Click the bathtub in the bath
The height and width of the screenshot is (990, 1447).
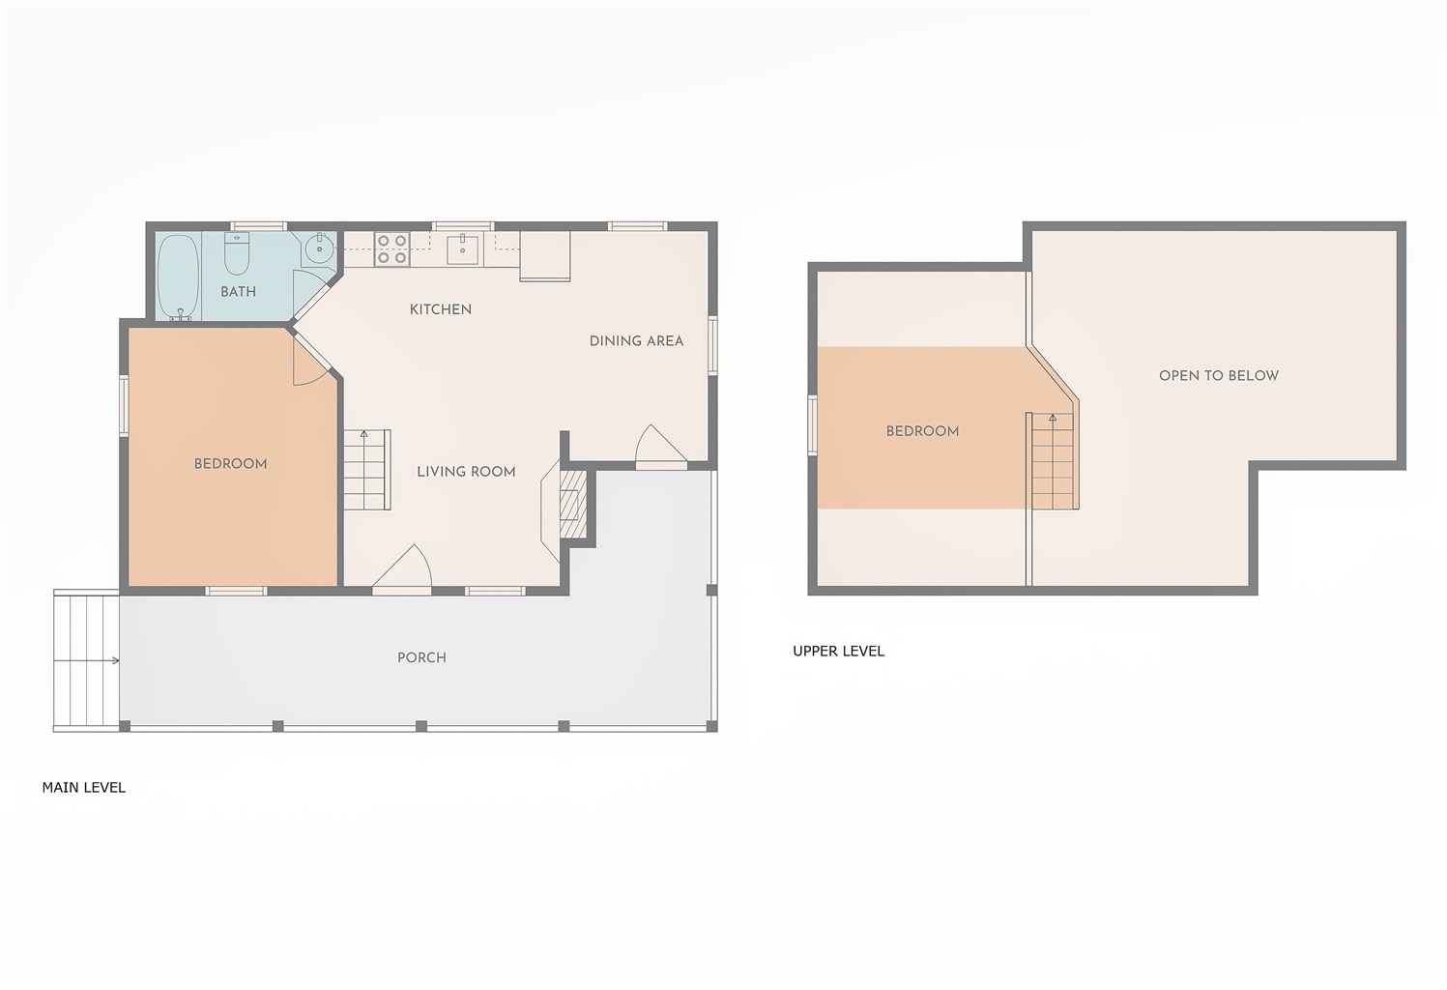click(178, 277)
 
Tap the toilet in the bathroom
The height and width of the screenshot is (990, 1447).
click(237, 253)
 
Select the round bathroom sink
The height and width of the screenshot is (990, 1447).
click(319, 248)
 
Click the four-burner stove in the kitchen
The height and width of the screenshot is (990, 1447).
click(392, 249)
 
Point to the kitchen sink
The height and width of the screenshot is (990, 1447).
click(463, 249)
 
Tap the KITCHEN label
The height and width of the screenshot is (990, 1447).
click(441, 309)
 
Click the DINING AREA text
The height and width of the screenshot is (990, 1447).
click(636, 341)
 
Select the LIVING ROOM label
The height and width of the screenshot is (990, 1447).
click(466, 472)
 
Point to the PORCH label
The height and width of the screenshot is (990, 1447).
click(421, 657)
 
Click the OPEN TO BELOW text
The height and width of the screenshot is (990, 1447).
click(1219, 375)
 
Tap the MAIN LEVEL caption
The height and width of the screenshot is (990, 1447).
click(84, 788)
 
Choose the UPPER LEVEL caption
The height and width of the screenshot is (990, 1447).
click(838, 652)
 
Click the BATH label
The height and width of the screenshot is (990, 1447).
click(239, 291)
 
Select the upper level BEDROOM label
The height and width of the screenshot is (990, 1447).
click(922, 431)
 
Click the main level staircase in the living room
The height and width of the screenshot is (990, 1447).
click(367, 470)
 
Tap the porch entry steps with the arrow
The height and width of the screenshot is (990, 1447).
click(86, 660)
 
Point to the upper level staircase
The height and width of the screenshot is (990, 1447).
click(1053, 461)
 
